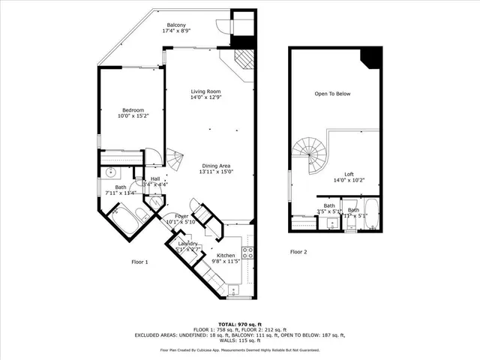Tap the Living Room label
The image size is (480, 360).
[x=205, y=91]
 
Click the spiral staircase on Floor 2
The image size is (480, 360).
[x=309, y=154]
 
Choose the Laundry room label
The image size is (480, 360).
[x=187, y=244]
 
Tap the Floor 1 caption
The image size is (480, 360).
[x=140, y=262]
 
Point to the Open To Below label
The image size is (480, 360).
[x=332, y=94]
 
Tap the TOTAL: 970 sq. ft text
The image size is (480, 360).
[x=239, y=323]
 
